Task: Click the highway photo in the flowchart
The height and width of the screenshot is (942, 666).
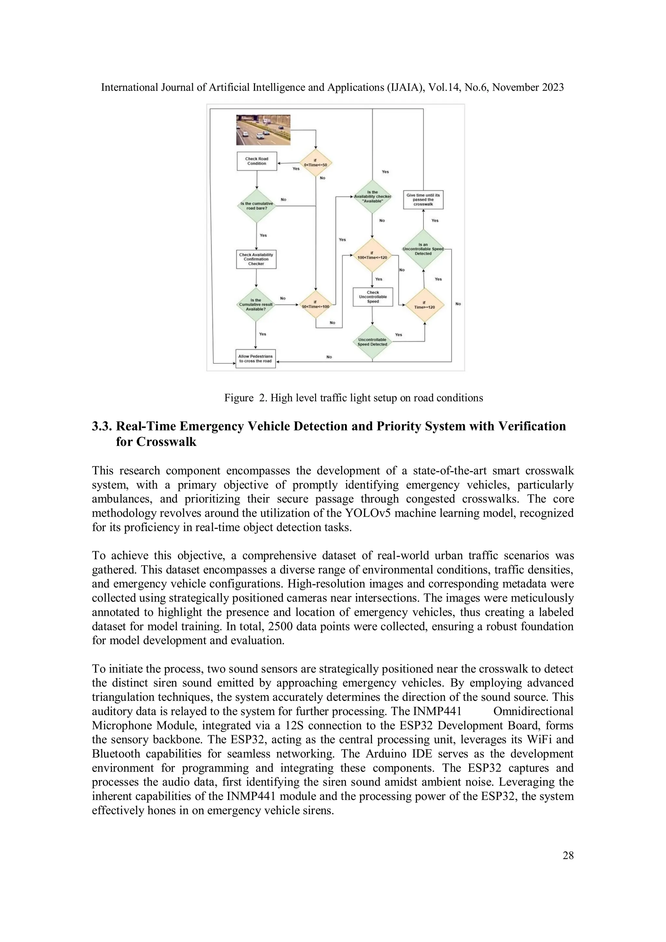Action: coord(263,130)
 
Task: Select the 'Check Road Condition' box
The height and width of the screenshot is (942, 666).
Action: coord(257,161)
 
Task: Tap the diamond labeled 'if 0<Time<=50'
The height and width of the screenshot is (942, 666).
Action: coord(315,163)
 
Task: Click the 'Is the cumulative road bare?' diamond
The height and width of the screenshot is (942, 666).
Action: coord(257,206)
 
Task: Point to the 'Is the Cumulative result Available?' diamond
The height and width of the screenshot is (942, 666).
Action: coord(256,304)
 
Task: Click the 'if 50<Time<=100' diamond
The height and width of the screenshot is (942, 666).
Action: coord(315,305)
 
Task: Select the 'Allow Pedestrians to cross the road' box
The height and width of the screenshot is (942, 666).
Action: coord(255,359)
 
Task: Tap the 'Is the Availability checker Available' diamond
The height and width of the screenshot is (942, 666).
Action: coord(372,196)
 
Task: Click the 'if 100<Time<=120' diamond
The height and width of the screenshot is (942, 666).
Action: coord(372,256)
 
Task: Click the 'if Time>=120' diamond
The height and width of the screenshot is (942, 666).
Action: coord(424,305)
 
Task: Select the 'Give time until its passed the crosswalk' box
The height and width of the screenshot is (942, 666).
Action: coord(423,200)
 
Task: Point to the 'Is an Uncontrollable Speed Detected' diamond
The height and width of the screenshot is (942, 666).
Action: coord(423,249)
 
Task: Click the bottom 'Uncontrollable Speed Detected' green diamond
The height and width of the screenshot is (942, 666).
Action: coord(372,342)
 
